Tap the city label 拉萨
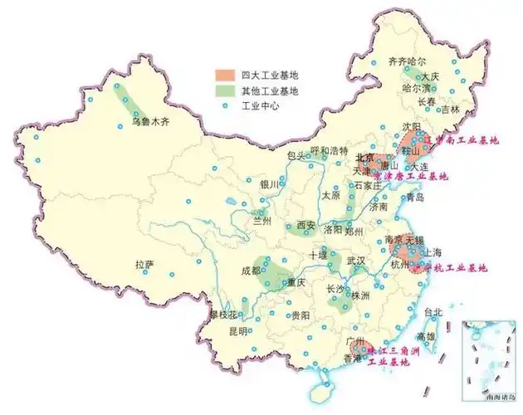pos(144,265)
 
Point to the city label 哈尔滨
pos(418,87)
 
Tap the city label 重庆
pos(296,282)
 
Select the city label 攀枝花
pos(223,315)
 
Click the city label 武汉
pos(356,261)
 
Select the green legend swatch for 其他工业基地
pos(222,90)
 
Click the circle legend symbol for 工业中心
pos(222,107)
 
